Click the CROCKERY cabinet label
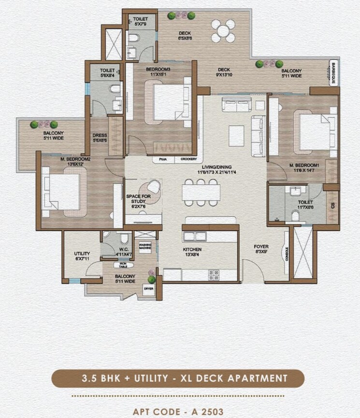[x=188, y=159]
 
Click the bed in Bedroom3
[x=170, y=101]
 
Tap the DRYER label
[x=148, y=289]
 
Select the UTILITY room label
[x=82, y=256]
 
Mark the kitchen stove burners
[x=214, y=275]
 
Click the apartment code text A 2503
[x=178, y=411]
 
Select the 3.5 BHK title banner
[x=178, y=378]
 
